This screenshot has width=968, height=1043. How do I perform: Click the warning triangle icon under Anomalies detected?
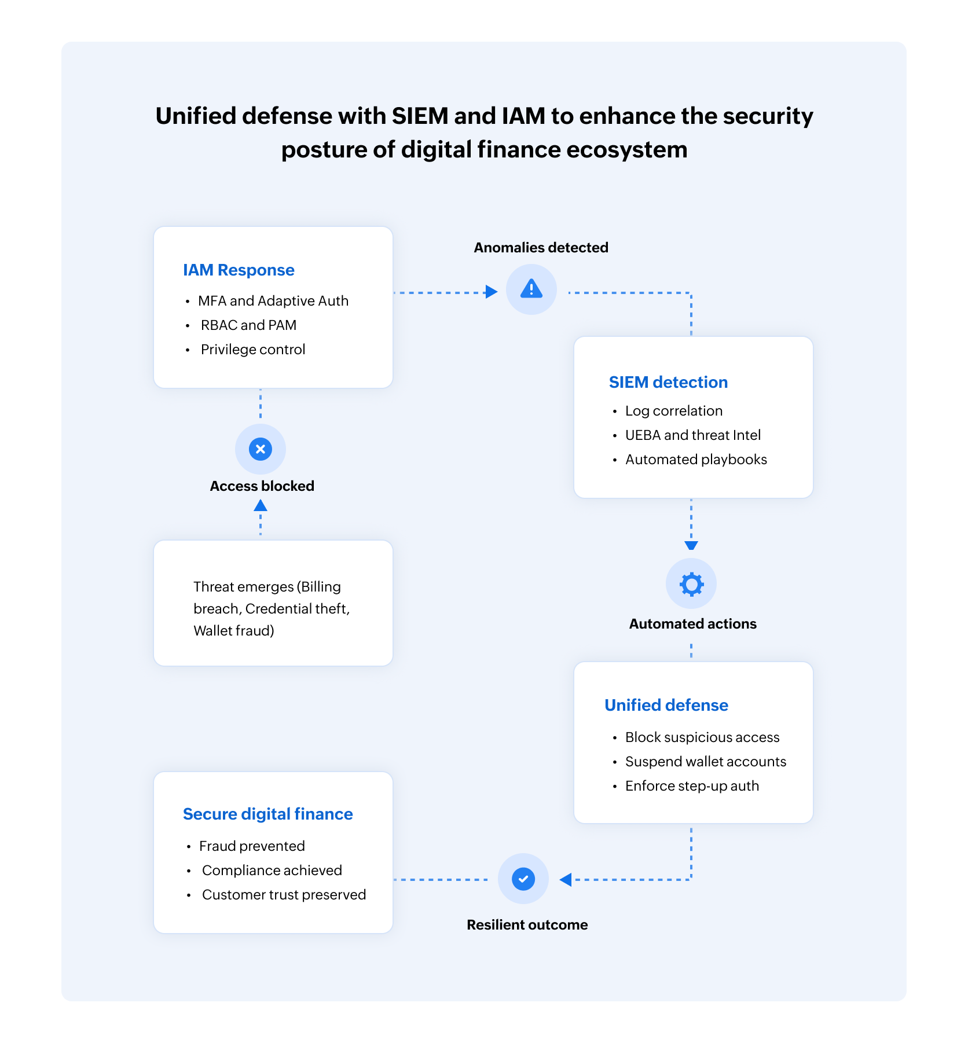(x=531, y=289)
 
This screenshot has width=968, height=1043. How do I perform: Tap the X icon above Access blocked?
(x=261, y=449)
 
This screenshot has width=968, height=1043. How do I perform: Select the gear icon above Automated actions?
(x=691, y=584)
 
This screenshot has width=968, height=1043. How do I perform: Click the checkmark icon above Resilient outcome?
(x=523, y=879)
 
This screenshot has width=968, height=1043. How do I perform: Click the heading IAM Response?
(x=239, y=270)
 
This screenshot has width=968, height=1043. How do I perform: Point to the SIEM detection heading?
(x=668, y=383)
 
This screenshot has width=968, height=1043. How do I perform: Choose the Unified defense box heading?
(x=666, y=706)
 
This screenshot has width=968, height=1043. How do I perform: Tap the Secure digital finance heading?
(x=267, y=814)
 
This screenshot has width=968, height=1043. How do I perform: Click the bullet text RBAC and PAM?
(x=248, y=325)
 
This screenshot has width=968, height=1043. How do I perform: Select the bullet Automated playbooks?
(x=696, y=460)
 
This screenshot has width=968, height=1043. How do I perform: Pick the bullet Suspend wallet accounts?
(x=706, y=762)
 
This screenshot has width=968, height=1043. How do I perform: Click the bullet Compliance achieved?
(x=272, y=871)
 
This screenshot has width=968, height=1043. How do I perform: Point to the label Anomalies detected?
(x=541, y=248)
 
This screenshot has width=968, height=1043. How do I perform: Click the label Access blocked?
(x=262, y=486)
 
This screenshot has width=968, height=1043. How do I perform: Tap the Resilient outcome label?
(x=527, y=925)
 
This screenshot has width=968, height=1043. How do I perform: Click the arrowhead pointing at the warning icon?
(x=492, y=292)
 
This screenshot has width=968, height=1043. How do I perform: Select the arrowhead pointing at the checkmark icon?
(x=566, y=880)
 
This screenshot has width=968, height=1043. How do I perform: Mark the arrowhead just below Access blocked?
(x=261, y=506)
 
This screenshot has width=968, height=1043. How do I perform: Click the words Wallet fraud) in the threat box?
(x=234, y=631)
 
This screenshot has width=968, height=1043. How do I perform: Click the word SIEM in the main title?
(x=420, y=116)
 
